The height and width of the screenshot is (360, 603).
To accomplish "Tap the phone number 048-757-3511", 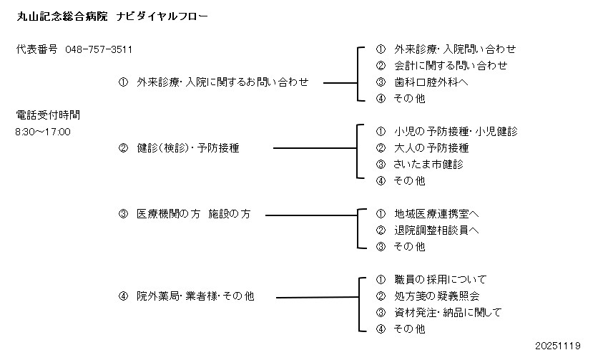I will pos(98,49).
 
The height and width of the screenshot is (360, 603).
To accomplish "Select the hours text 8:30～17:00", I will pos(43,132).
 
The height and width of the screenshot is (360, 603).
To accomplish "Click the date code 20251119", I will pos(557,346).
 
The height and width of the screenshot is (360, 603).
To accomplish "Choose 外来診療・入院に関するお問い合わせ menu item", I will pos(222,82).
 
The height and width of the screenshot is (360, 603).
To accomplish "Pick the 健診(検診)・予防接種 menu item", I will pos(187,148).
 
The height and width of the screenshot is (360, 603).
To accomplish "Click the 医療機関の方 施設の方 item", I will pos(193,214).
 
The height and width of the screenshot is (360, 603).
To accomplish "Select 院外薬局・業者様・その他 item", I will pos(195,296).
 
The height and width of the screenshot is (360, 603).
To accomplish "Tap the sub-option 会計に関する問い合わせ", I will pos(451,66).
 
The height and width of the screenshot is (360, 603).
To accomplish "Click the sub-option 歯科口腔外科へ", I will pos(431,82).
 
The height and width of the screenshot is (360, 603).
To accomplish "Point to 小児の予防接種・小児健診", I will pos(456,132).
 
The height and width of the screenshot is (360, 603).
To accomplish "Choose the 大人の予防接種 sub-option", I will pos(431,148).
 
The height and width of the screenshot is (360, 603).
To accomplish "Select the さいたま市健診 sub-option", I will pos(428,165).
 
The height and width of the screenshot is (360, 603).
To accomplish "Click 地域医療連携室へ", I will pos(436,214).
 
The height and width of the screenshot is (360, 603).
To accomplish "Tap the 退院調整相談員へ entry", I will pos(436,230).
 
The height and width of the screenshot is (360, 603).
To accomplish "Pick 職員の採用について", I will pos(440,279).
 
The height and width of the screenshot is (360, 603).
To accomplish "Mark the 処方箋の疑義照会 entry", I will pos(436,296).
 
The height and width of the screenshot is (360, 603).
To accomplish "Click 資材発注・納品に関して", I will pos(448,313).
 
